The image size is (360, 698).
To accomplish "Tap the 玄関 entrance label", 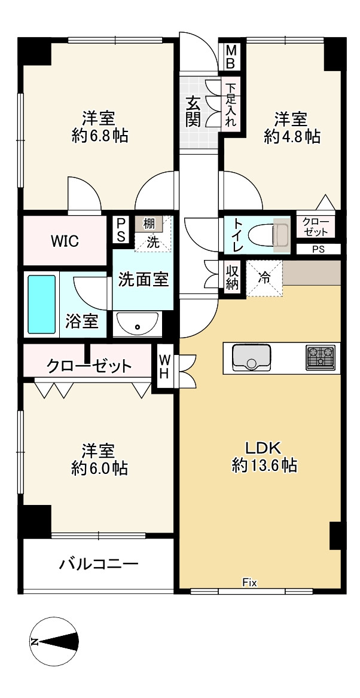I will (193, 111).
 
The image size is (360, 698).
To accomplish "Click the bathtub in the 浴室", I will (41, 304).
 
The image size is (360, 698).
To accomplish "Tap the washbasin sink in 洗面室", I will (137, 324).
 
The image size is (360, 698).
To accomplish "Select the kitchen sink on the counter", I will (251, 357).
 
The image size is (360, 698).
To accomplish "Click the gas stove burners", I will (321, 357).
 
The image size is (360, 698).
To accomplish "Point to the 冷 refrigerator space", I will (264, 277).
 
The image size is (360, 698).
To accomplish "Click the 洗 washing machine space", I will (153, 242).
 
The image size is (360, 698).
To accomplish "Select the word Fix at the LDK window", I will (249, 583).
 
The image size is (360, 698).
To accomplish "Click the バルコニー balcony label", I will (99, 564).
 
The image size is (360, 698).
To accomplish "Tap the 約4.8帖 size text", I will (292, 137).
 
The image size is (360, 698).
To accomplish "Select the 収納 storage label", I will (232, 277).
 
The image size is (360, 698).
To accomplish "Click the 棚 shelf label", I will (149, 224).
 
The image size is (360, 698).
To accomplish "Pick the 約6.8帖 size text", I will (99, 137).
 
